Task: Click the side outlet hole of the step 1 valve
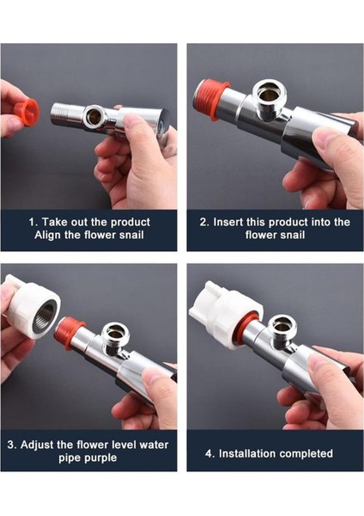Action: [x=94, y=116]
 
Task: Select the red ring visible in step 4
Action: [x=251, y=322]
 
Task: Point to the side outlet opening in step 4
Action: [x=283, y=327]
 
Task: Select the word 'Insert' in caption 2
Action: [x=228, y=222]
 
